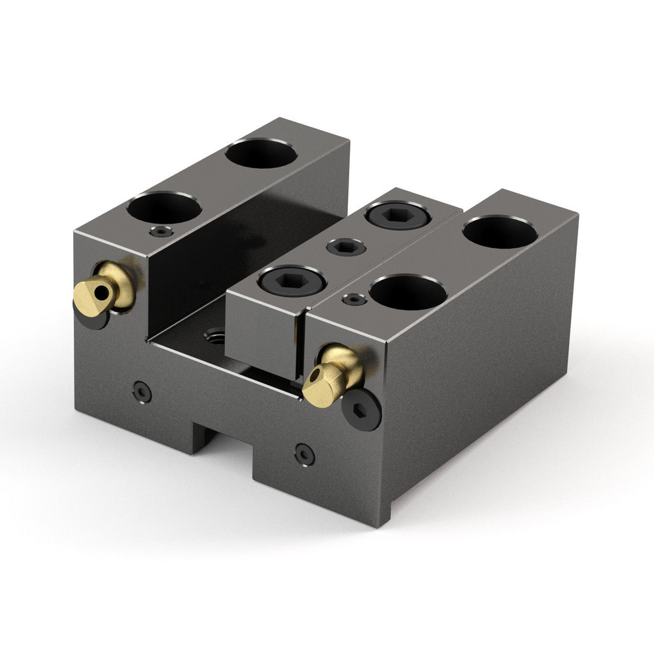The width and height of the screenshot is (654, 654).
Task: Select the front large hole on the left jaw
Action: pos(164,209)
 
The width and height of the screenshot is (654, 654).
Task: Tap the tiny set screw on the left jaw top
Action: pos(161,232)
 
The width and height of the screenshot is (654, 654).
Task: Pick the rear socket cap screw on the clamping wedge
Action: pos(396,215)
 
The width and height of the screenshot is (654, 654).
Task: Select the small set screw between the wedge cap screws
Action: pos(345,247)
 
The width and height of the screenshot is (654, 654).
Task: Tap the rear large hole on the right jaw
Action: pos(500,232)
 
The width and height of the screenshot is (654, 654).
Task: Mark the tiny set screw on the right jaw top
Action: pos(354,299)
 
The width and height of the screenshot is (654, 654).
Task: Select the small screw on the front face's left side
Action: pos(141,392)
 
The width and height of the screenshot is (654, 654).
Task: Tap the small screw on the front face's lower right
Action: pos(304,453)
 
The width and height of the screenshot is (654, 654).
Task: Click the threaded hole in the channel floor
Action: pos(215,337)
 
